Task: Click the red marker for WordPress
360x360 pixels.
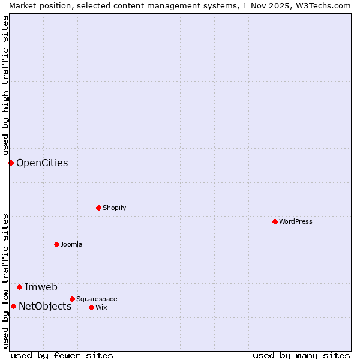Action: (275, 221)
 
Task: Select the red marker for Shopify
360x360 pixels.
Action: (98, 208)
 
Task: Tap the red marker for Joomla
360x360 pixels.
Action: (56, 244)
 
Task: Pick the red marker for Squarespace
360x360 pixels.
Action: (72, 299)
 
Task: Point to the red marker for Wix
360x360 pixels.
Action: (91, 307)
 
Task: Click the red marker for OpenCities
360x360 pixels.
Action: (11, 163)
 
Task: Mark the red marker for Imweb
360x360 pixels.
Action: (19, 287)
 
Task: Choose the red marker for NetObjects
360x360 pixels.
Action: (13, 306)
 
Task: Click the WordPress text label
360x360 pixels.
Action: (296, 221)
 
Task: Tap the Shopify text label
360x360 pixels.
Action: (114, 208)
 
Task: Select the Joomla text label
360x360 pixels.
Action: (71, 244)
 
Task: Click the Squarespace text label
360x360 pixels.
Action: (97, 299)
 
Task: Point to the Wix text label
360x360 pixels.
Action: (101, 307)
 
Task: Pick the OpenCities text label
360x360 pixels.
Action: (42, 163)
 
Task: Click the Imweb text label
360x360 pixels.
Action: (41, 287)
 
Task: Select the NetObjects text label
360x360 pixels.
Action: (45, 306)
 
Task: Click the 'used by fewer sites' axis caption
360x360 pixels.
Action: (62, 355)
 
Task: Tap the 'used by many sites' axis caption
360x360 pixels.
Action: (301, 355)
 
